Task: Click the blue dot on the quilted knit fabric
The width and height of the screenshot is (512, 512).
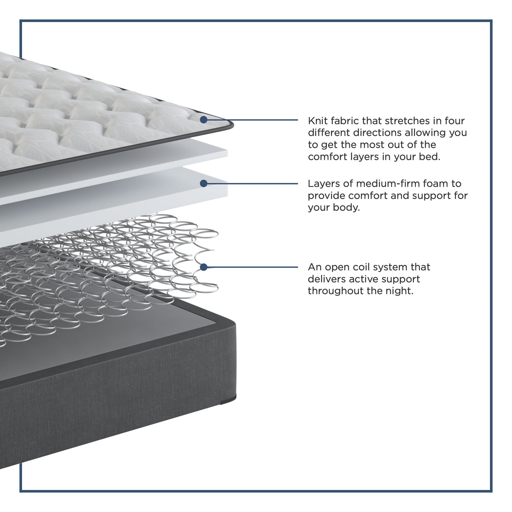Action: click(x=203, y=119)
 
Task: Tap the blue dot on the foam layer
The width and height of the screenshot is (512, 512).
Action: click(x=203, y=183)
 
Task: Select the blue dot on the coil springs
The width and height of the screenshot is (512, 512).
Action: click(x=203, y=267)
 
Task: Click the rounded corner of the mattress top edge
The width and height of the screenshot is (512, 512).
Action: click(x=230, y=125)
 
